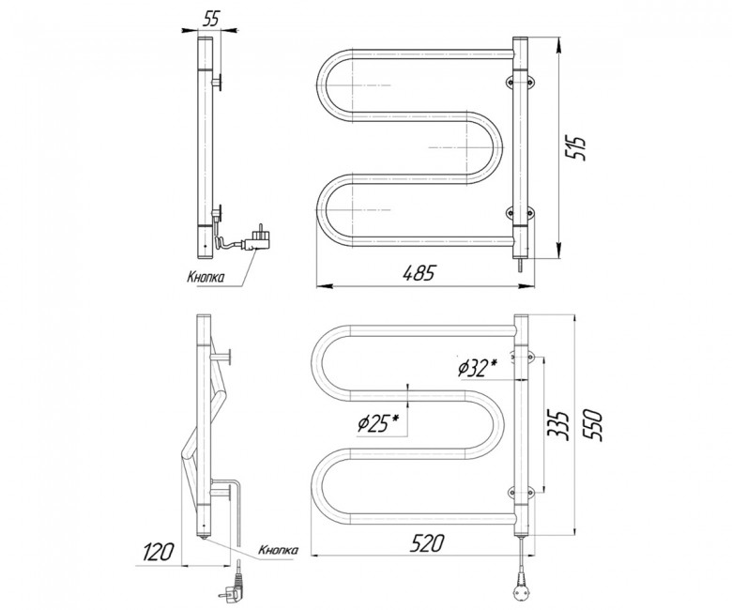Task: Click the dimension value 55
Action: [210, 19]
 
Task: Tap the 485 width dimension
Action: [419, 273]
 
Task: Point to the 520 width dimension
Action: [426, 543]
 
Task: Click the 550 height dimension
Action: [594, 425]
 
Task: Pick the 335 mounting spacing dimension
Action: [558, 425]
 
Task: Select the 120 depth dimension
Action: [159, 552]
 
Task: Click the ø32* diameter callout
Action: [477, 368]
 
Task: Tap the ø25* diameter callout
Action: [378, 424]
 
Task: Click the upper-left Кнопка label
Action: [206, 278]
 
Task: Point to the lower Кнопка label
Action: [278, 550]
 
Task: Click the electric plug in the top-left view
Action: [256, 238]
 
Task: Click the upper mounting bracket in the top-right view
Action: [521, 83]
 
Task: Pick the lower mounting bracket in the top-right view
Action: [521, 213]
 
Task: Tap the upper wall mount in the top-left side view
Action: [217, 83]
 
